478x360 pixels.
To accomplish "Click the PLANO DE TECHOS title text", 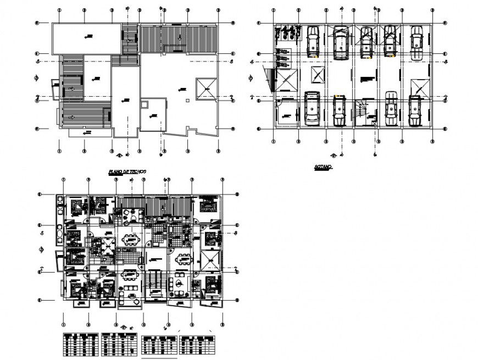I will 127,172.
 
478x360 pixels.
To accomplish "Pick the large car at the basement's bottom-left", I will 312,108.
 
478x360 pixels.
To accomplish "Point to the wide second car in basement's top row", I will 340,43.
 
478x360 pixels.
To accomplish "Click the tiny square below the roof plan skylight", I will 188,101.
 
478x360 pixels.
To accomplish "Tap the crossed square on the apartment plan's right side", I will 209,259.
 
